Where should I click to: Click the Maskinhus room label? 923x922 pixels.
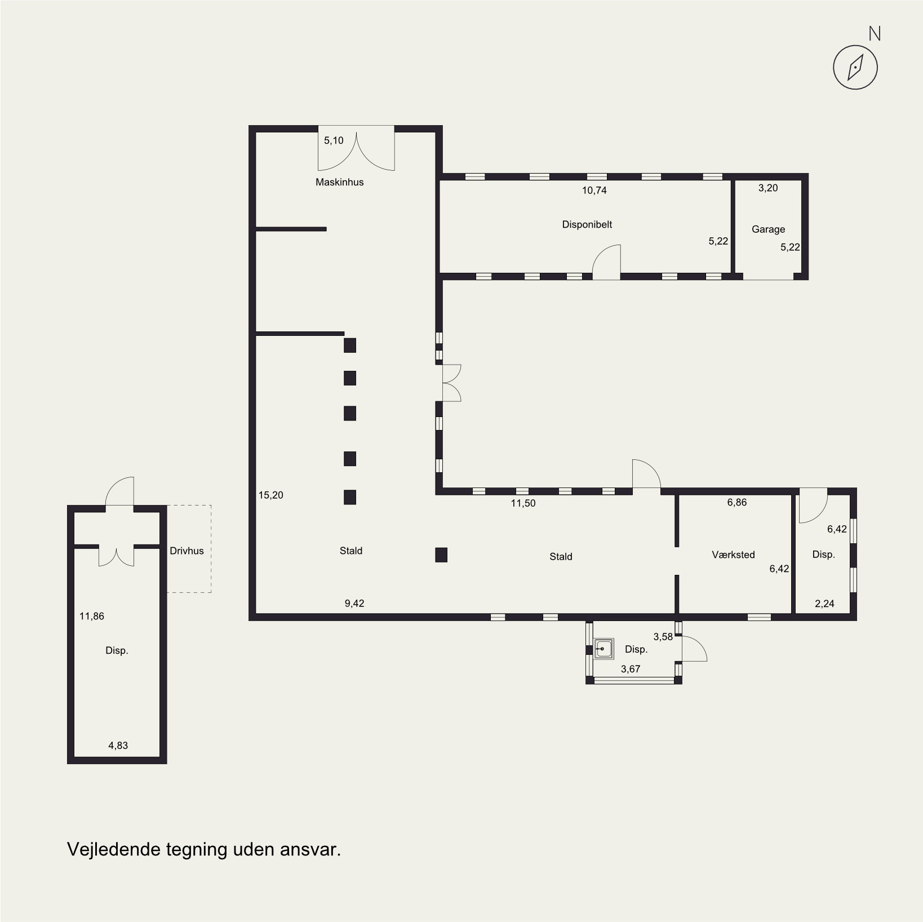click(x=339, y=182)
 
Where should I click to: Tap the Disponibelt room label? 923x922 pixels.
click(x=587, y=224)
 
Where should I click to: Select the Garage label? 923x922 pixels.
click(x=768, y=229)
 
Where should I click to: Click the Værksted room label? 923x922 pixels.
click(x=733, y=555)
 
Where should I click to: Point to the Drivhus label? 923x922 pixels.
click(x=187, y=551)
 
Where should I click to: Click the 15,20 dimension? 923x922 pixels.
click(x=270, y=495)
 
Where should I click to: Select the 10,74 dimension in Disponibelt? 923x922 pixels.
click(x=594, y=190)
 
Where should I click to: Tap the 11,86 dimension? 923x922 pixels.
click(x=91, y=616)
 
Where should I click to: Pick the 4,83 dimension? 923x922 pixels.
click(x=118, y=745)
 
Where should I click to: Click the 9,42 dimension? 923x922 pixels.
click(x=354, y=603)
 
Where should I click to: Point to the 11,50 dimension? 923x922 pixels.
click(x=523, y=503)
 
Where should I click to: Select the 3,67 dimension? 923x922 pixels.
click(x=631, y=669)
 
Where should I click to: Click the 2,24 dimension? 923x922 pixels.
click(x=824, y=604)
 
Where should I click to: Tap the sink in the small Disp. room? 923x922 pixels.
click(x=603, y=649)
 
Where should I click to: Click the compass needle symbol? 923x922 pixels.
click(x=855, y=67)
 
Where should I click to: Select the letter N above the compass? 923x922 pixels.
click(x=875, y=34)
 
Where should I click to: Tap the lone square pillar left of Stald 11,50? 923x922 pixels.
click(x=441, y=555)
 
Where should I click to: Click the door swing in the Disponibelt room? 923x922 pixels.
click(x=606, y=261)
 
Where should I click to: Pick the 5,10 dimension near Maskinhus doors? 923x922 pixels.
click(x=334, y=140)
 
